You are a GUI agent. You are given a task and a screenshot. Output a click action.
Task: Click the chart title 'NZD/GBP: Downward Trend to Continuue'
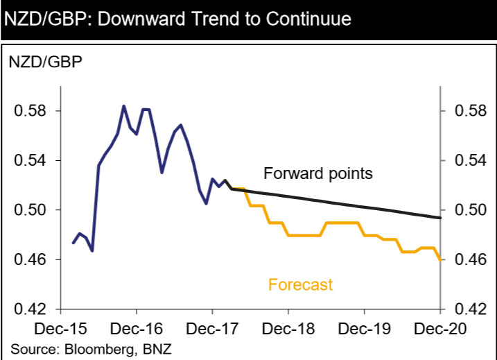[x=177, y=19]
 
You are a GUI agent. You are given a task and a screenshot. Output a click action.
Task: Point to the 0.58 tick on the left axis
[x=29, y=111]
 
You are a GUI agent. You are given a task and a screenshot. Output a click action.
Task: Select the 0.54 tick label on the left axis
[x=29, y=161]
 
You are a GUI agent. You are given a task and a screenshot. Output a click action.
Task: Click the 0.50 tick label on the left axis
[x=29, y=210]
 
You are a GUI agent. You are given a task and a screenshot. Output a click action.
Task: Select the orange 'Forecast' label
[x=300, y=284]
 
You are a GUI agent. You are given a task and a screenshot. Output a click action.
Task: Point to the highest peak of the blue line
[x=123, y=106]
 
